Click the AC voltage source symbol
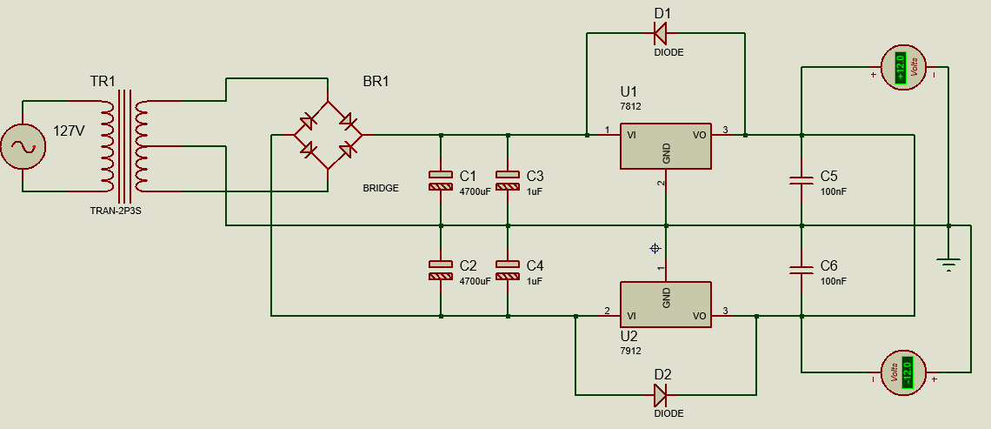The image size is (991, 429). (23, 145)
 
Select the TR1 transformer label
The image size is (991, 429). (102, 82)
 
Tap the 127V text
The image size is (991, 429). (70, 131)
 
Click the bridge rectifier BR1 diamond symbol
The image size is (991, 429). (327, 135)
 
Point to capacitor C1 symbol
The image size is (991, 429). (441, 180)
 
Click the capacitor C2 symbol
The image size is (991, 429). (441, 270)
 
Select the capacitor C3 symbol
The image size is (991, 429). (508, 180)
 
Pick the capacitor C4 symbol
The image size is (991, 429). (508, 270)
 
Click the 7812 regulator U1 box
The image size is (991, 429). (666, 145)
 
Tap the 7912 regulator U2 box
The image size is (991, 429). (666, 305)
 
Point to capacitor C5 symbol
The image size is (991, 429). (801, 181)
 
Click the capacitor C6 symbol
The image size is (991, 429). (801, 270)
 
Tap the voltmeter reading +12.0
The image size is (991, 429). (901, 67)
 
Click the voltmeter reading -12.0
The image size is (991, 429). (905, 372)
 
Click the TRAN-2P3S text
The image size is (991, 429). (115, 211)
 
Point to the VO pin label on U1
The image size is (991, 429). (699, 136)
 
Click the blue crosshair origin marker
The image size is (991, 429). (655, 249)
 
